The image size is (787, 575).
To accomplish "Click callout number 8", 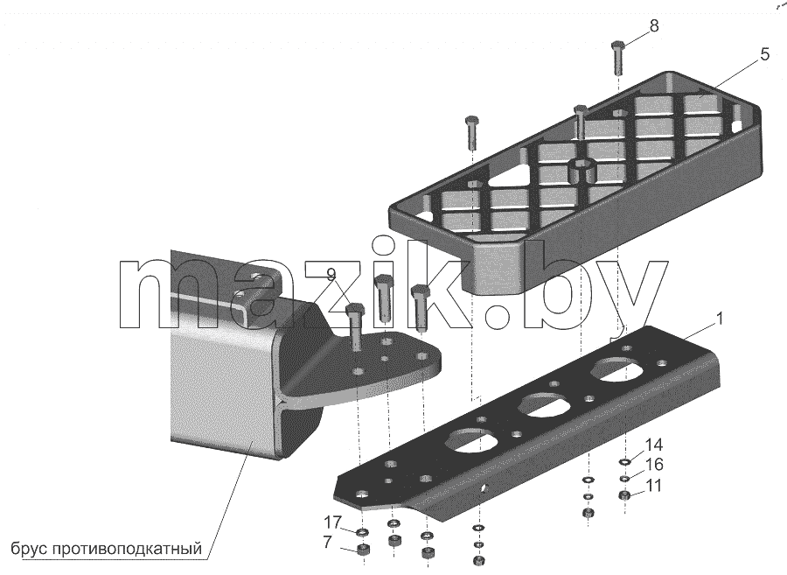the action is coord(653,26).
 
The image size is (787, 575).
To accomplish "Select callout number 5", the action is coord(764,54).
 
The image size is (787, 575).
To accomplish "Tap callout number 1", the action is coord(720,319).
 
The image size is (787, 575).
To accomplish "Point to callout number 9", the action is coord(331,274).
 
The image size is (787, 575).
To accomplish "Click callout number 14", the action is coord(654,445).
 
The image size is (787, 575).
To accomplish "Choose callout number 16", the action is coord(654,465).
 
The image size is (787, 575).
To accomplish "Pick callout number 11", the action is coord(653,486).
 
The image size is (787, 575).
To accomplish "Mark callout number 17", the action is coord(332,522).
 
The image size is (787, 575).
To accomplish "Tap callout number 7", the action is coord(327,543).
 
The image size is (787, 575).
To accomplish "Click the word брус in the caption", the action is coord(28,548).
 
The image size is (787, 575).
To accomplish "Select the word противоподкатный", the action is coord(127,548).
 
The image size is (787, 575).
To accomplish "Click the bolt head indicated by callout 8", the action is coord(616,46).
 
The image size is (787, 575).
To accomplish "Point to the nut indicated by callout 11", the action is coord(625,496).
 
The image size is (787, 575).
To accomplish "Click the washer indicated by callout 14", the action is coord(625,462).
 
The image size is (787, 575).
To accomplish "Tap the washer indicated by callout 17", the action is coord(361,532).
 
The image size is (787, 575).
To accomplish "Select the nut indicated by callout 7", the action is coord(362,550).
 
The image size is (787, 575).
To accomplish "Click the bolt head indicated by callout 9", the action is coord(355,309).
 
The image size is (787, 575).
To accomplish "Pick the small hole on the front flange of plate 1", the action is coord(484,488).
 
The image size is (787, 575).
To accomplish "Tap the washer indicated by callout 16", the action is coord(625,479).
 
